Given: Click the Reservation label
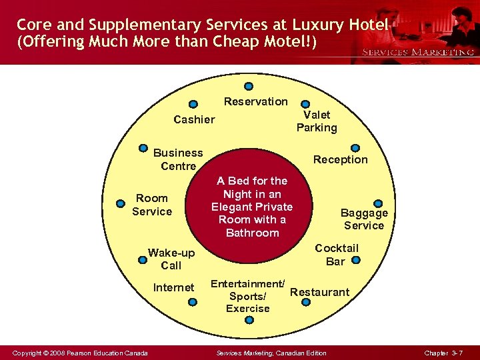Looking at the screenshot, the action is [x=255, y=101].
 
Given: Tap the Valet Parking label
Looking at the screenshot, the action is [x=317, y=121].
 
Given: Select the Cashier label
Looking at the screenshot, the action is [x=194, y=119].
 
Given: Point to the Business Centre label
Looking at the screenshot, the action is [x=178, y=159].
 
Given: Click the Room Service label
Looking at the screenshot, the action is [x=152, y=205].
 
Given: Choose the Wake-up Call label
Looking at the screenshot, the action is [x=171, y=259].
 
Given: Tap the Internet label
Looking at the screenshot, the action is [x=174, y=287].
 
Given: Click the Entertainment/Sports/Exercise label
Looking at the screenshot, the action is [x=248, y=296].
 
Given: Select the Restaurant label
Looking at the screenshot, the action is [x=319, y=292].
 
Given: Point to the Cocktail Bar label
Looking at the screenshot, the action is [x=336, y=255].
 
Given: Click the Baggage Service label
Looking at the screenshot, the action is [x=364, y=219].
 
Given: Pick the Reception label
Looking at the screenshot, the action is [x=340, y=159].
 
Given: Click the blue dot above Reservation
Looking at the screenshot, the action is [x=249, y=86].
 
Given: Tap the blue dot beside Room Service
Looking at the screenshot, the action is [x=121, y=203].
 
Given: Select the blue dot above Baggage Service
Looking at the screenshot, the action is [x=378, y=203].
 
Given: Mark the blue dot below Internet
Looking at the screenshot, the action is [x=192, y=302].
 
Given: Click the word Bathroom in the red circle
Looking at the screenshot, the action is [x=252, y=233].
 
